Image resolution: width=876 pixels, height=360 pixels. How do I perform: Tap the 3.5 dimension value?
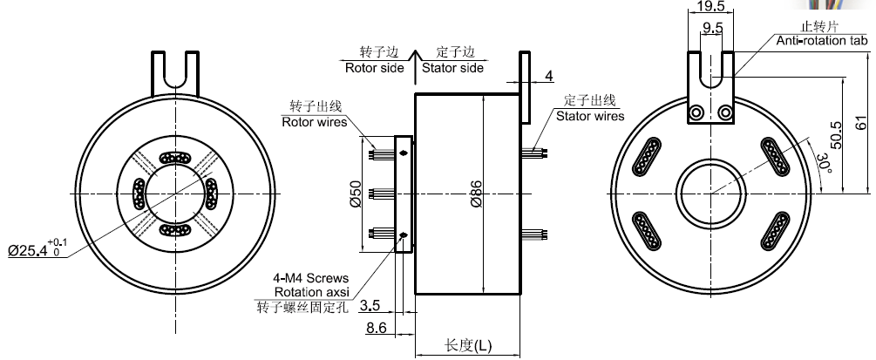point(369,305)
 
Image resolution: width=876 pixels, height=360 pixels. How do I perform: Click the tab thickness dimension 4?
point(548,77)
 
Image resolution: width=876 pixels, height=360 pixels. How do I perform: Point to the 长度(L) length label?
point(468,344)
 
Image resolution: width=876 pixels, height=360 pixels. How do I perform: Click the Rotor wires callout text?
point(314,122)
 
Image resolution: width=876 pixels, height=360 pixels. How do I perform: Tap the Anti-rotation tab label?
point(825,40)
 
